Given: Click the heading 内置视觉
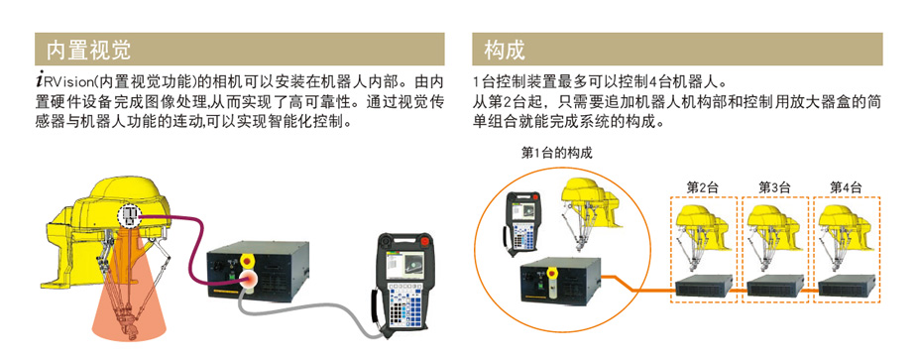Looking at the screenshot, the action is (x=88, y=51).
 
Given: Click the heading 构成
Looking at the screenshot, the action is (x=505, y=51).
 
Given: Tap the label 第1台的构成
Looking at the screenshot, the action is (x=556, y=154).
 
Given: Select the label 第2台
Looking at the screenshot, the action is (x=702, y=187).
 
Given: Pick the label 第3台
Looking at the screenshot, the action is (x=774, y=187).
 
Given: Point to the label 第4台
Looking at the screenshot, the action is (x=846, y=187).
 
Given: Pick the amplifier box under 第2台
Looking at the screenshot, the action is (x=704, y=287).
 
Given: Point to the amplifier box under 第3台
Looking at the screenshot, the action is (x=775, y=287).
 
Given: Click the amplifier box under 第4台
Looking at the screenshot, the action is (x=847, y=287).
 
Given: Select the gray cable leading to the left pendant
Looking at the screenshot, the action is (x=304, y=313).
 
